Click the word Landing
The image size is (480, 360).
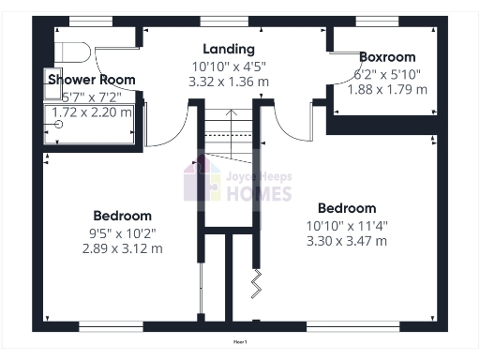point(229,49)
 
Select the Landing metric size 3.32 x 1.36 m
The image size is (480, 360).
point(229,82)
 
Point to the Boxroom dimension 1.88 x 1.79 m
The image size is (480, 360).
point(387,89)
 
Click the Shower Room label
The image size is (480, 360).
point(92,80)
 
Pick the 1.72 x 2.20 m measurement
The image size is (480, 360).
point(92,111)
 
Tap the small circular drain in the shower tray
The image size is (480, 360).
point(59,124)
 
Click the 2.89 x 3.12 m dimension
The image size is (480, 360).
point(123,248)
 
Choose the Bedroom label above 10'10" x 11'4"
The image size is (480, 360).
point(347,208)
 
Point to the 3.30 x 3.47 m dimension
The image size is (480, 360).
point(347,241)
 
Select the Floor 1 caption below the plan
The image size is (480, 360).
point(240,342)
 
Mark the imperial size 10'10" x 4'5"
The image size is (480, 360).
point(229,66)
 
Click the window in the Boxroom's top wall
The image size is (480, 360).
point(377,21)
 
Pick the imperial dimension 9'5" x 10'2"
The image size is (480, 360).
point(123,232)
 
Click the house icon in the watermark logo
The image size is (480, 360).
point(202,180)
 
